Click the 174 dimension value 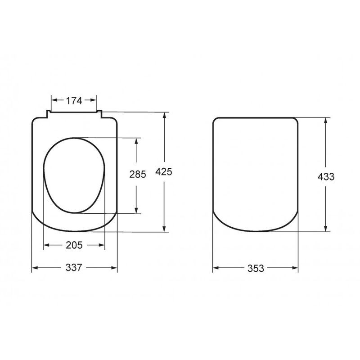coord(74,101)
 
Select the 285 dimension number coord(137,175)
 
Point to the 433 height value coord(325,176)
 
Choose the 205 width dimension coord(74,245)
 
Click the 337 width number coord(74,268)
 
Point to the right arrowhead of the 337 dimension coord(114,268)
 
